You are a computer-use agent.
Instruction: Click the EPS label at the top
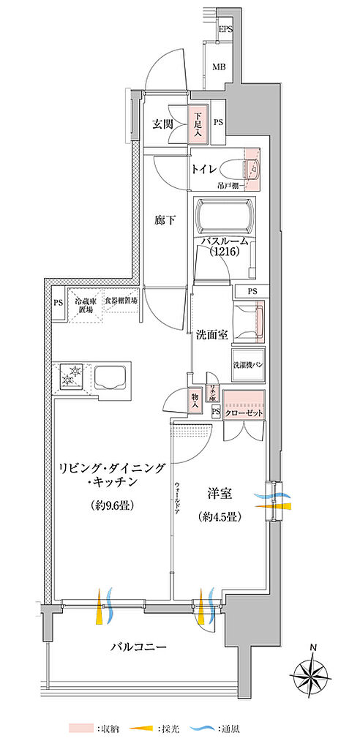tap(227, 29)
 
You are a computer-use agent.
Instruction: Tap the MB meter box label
tap(218, 67)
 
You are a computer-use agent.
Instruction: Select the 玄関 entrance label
tap(162, 123)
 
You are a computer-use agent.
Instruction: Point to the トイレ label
tap(203, 170)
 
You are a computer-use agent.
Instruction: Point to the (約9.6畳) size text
tap(111, 505)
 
